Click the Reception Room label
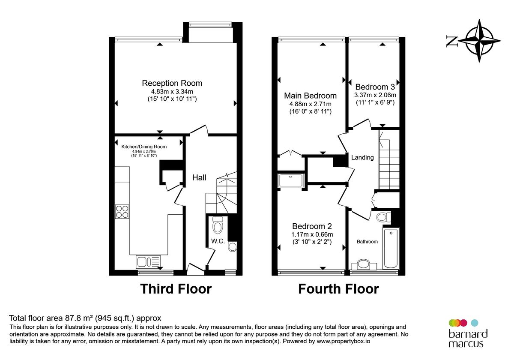pyautogui.click(x=172, y=83)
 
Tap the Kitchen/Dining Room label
pyautogui.click(x=144, y=147)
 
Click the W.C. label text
pyautogui.click(x=218, y=241)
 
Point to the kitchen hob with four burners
pyautogui.click(x=122, y=212)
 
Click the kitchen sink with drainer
pyautogui.click(x=148, y=260)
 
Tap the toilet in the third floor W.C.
pyautogui.click(x=218, y=225)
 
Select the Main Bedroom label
pyautogui.click(x=311, y=96)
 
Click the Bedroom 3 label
pyautogui.click(x=375, y=86)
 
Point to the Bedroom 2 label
pyautogui.click(x=312, y=226)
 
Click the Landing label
pyautogui.click(x=362, y=157)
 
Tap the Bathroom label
pyautogui.click(x=368, y=242)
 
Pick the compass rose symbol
pyautogui.click(x=483, y=41)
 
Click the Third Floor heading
pyautogui.click(x=176, y=289)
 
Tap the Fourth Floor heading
pyautogui.click(x=338, y=289)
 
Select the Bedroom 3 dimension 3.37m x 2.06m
pyautogui.click(x=375, y=95)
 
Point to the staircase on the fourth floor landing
pyautogui.click(x=389, y=159)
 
